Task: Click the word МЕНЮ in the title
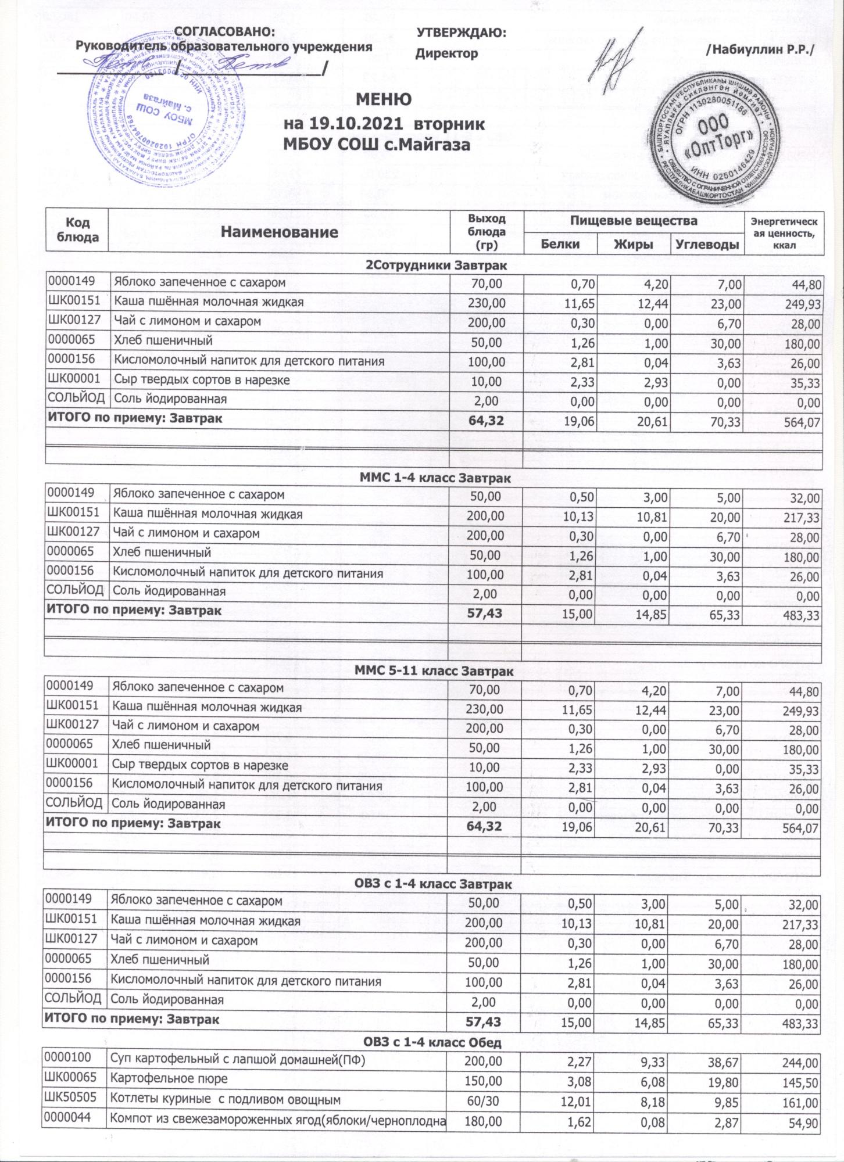(x=383, y=100)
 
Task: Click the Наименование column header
(x=280, y=232)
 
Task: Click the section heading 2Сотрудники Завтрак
(x=435, y=266)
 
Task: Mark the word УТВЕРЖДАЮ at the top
(x=462, y=33)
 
